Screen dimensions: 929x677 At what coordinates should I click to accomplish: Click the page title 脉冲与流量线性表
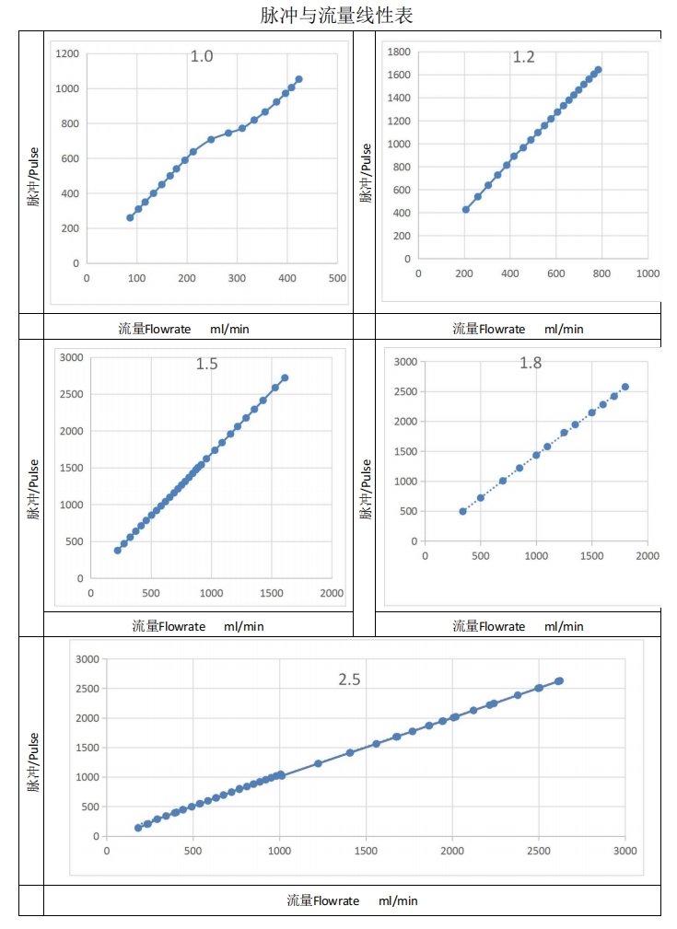coord(338,16)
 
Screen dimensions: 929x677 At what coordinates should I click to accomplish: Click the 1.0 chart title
coord(202,57)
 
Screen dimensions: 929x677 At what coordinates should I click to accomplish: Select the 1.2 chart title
coord(523,57)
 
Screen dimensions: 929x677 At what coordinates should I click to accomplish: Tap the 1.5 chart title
coord(206,364)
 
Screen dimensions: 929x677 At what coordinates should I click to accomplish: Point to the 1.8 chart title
coord(531,363)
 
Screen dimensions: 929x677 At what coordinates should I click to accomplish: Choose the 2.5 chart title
coord(349,679)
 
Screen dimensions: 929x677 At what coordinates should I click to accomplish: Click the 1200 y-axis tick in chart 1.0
coord(67,53)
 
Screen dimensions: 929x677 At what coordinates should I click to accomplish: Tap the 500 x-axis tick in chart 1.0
coord(337,278)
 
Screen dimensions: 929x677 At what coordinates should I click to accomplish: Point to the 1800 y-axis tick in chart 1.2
coord(398,52)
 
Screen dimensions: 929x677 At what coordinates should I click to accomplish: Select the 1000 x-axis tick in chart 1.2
coord(648,273)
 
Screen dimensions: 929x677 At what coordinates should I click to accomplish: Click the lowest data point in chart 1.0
coord(130,217)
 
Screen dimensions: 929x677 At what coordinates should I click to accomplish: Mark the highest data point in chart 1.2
coord(598,69)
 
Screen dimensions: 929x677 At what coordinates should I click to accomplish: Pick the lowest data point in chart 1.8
coord(462,511)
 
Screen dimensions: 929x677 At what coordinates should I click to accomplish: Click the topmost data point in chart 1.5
coord(285,377)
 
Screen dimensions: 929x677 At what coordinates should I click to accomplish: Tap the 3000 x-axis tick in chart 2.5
coord(624,851)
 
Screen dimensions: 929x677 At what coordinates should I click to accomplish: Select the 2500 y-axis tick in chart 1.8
coord(405,391)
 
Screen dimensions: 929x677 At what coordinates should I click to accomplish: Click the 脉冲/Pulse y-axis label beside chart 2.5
coord(33,762)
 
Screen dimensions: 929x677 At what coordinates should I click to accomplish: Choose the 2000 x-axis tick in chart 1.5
coord(332,593)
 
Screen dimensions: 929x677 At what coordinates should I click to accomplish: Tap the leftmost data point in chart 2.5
coord(138,828)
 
